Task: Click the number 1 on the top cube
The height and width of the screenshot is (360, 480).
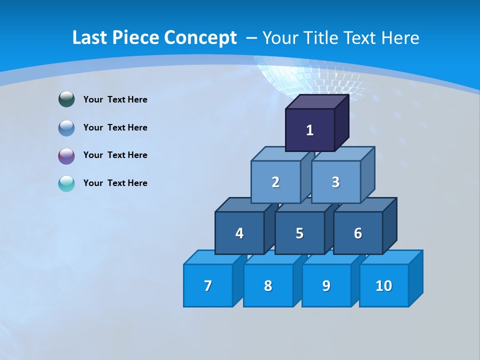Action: pos(309,130)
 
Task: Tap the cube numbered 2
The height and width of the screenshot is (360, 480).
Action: pos(275,182)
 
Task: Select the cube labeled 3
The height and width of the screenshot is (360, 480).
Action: pos(335,182)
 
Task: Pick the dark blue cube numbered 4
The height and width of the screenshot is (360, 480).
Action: pos(239,233)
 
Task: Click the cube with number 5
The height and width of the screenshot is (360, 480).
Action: pos(299,233)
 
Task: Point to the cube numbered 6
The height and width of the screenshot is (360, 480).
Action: pos(358,233)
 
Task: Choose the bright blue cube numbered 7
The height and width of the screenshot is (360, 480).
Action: pos(208,285)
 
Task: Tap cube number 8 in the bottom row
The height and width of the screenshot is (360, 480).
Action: pos(268,285)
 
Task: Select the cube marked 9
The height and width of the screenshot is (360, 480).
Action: pos(326,285)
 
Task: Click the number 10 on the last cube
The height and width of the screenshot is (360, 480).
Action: pos(384,285)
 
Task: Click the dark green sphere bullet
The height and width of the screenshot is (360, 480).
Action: pos(66,99)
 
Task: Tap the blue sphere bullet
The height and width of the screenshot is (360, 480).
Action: pos(66,127)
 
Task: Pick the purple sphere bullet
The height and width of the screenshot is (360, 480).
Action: pos(66,155)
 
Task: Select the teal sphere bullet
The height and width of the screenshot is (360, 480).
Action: pos(66,183)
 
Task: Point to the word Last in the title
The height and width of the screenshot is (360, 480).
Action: pos(90,38)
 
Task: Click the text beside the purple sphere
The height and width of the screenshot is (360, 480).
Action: pos(115,155)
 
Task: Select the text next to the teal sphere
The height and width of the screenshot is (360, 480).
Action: pos(115,183)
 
